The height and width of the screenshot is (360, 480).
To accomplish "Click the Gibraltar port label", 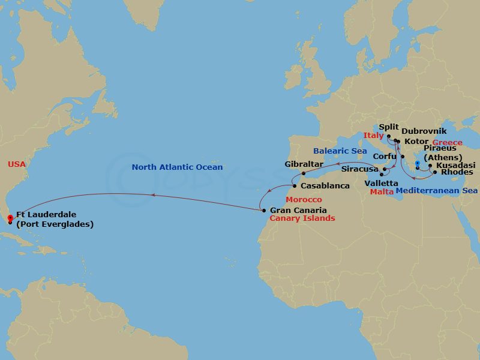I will (x=304, y=164).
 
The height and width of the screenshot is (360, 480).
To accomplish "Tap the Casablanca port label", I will (x=326, y=186).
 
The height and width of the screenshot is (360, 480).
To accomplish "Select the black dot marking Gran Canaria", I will (x=264, y=211).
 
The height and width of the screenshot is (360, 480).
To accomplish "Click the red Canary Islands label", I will (x=302, y=218).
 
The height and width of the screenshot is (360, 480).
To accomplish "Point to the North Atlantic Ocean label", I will (x=177, y=167).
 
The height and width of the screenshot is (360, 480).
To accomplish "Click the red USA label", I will (x=17, y=164).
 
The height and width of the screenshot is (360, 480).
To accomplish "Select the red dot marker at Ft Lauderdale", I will (x=11, y=217).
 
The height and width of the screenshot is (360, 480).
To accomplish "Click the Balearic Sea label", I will (x=340, y=151).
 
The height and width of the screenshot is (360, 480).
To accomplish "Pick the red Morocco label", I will (x=303, y=199).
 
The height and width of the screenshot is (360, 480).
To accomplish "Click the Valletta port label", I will (x=381, y=182).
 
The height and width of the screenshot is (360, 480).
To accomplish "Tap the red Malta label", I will (x=382, y=192).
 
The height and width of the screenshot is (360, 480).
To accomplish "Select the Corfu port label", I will (x=385, y=155).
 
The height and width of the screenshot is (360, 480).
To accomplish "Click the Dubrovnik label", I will (x=424, y=131).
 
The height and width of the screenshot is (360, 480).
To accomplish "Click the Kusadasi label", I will (x=456, y=165).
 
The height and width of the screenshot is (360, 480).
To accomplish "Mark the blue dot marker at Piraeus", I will (x=417, y=163).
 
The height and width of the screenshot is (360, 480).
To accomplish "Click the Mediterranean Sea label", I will (x=436, y=191).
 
